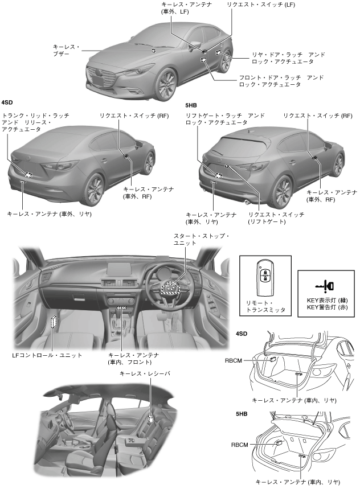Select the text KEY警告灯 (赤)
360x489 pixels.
click(327, 307)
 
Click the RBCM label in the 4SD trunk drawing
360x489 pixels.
click(233, 360)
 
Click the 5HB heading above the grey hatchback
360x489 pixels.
click(193, 105)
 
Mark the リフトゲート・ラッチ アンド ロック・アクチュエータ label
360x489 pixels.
click(225, 119)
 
